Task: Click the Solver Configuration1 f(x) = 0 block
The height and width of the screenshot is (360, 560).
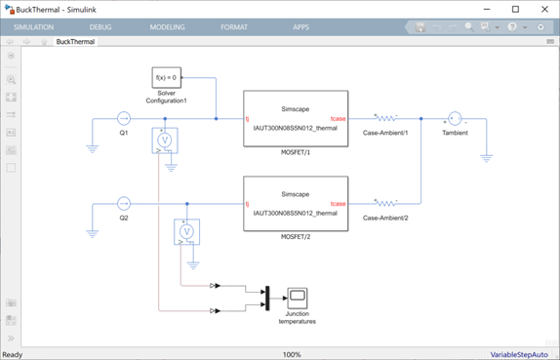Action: [167, 77]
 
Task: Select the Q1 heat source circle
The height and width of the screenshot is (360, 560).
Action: [124, 119]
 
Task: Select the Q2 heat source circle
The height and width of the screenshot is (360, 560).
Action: [124, 204]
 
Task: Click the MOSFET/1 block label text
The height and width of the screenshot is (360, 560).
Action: [296, 152]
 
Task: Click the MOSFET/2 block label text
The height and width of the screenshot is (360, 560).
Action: [296, 237]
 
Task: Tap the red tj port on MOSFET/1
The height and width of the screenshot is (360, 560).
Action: [247, 119]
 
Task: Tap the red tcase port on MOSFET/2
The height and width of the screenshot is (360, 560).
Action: [338, 204]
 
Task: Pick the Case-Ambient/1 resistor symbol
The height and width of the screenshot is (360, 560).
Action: [385, 118]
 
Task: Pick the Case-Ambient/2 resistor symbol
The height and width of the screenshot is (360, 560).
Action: [385, 203]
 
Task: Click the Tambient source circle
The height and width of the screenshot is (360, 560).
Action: [455, 119]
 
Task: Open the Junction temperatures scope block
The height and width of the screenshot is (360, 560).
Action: [298, 299]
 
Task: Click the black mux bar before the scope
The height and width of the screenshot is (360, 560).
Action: [267, 299]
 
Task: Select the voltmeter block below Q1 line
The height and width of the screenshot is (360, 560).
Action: [165, 140]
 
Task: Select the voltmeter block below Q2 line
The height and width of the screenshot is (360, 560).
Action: [186, 232]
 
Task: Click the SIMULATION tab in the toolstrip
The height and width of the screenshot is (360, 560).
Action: [33, 27]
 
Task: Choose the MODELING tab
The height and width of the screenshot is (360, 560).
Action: [167, 27]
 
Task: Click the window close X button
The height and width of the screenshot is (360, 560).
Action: [544, 10]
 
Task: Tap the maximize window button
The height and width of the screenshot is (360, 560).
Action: [515, 10]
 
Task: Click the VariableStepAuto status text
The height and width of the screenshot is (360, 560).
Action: [519, 355]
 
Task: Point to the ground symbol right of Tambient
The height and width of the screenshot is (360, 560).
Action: [487, 158]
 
